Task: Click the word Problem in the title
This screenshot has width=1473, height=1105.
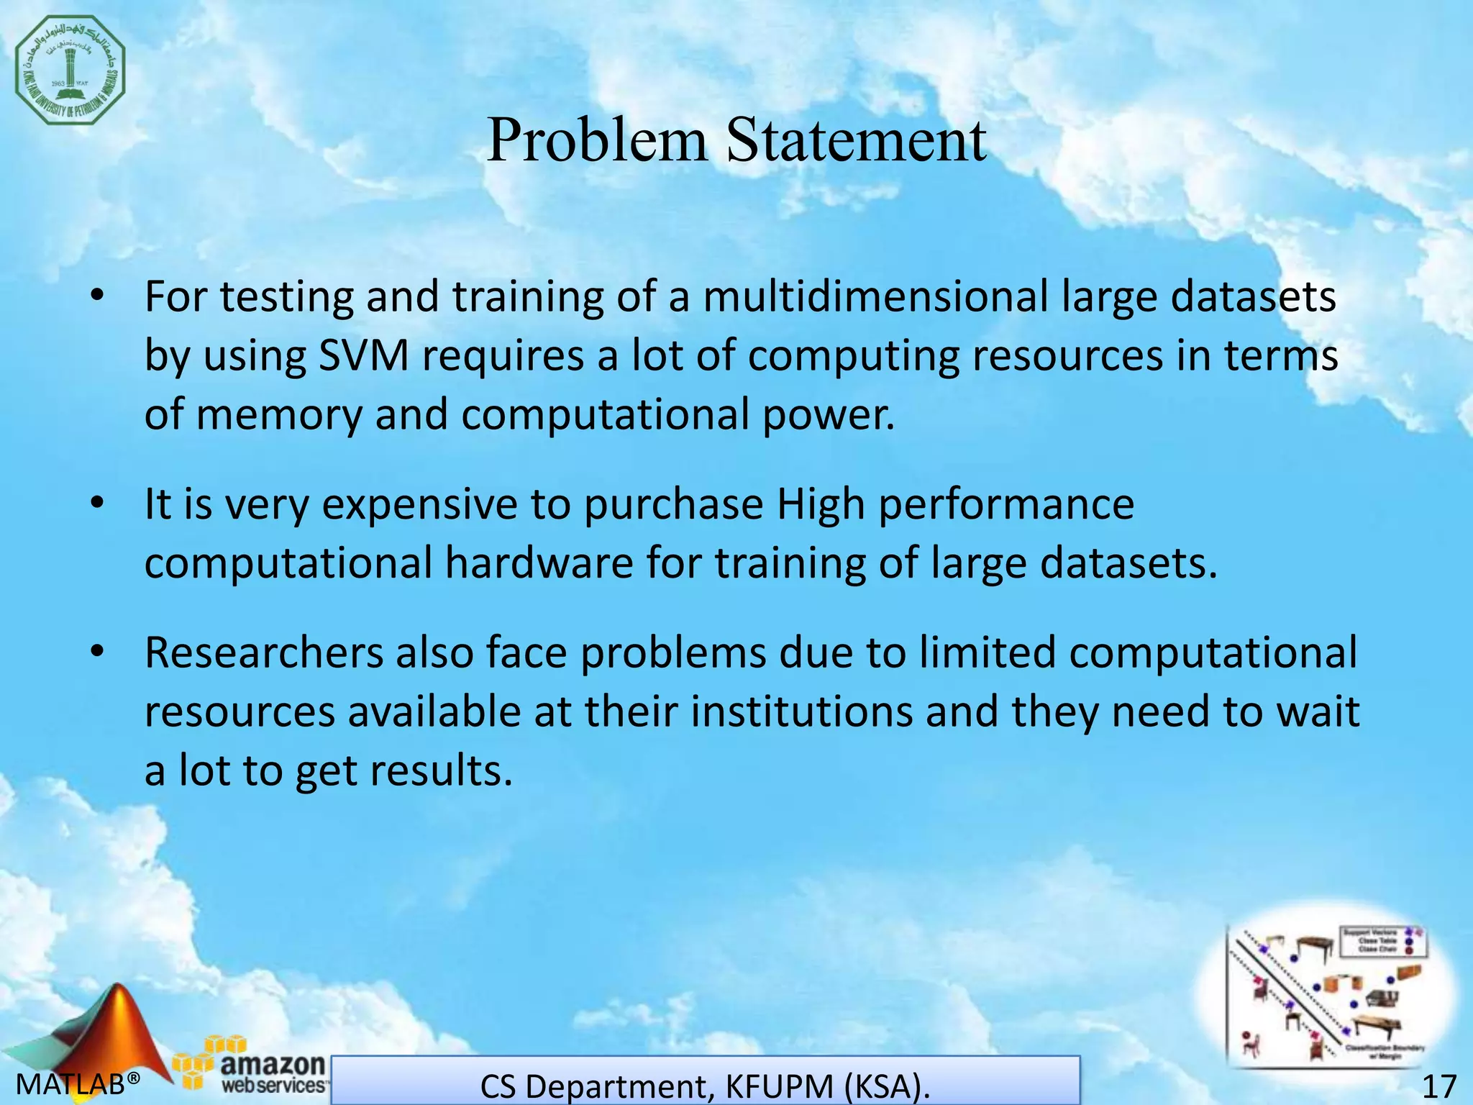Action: pyautogui.click(x=597, y=140)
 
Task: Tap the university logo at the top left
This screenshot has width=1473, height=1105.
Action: pyautogui.click(x=70, y=70)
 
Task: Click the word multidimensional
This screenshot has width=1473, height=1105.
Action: pyautogui.click(x=875, y=296)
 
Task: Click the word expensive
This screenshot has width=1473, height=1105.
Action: pyautogui.click(x=419, y=504)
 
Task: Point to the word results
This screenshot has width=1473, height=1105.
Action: pyautogui.click(x=440, y=771)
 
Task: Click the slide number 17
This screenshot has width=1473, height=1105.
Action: pyautogui.click(x=1439, y=1086)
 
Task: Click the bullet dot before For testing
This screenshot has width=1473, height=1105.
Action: pyautogui.click(x=98, y=296)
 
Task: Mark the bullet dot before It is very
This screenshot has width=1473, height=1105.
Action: pyautogui.click(x=98, y=504)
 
